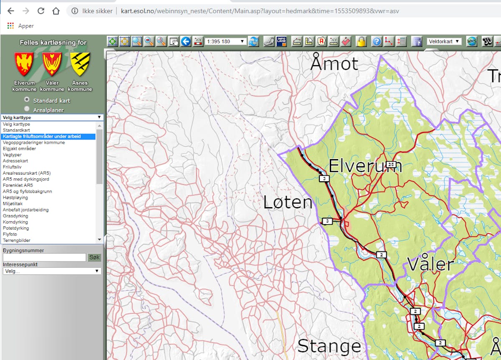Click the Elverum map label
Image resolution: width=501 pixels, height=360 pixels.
tap(365, 166)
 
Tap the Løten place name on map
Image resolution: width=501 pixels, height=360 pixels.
tap(288, 203)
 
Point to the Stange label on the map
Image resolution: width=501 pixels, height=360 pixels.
tap(329, 346)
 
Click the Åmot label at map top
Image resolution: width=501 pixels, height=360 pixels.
tap(334, 63)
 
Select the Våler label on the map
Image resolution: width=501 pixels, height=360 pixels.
tap(430, 264)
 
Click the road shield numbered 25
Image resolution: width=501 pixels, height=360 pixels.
tap(390, 164)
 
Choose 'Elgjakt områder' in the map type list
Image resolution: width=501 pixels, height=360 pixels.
tap(19, 149)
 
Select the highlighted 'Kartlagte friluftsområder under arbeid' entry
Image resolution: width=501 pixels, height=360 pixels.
tap(42, 137)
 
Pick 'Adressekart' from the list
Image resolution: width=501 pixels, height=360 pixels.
tap(15, 161)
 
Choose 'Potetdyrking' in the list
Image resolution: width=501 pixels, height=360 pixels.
tap(16, 228)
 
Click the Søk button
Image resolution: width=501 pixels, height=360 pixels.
tap(94, 257)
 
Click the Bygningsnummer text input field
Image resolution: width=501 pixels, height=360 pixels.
tap(44, 257)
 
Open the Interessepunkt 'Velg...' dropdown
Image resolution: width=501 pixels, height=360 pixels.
tap(52, 271)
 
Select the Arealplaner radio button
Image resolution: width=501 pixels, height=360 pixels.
tap(27, 109)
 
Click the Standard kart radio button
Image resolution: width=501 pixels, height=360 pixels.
tap(27, 99)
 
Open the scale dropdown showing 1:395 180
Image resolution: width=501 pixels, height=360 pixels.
tap(225, 41)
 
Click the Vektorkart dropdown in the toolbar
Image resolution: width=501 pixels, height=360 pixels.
tap(444, 41)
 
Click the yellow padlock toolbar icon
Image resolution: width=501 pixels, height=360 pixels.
tap(361, 41)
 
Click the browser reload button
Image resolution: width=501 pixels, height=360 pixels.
tap(41, 11)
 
